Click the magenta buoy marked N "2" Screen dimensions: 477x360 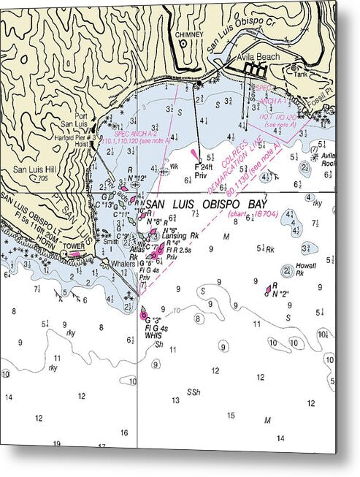pos(268,290)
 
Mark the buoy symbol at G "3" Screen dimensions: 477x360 pos(143,313)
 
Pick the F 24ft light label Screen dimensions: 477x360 pos(202,167)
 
